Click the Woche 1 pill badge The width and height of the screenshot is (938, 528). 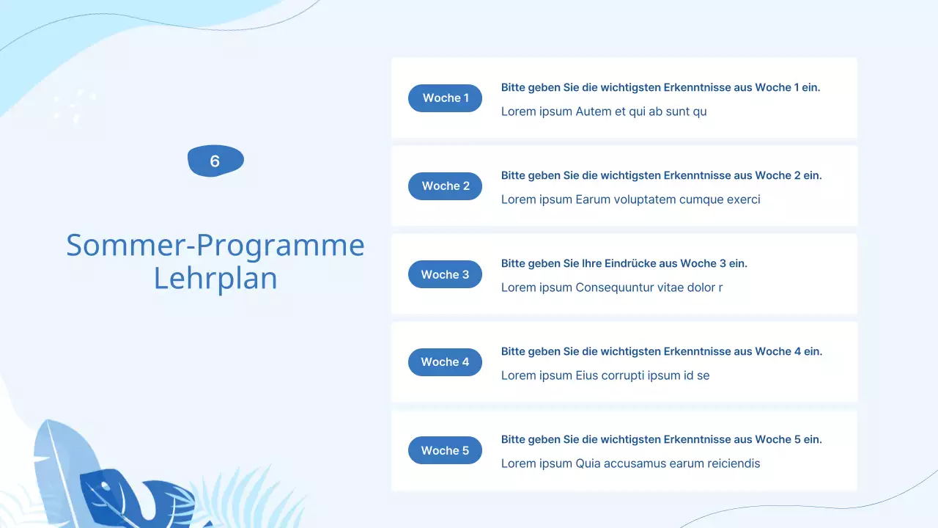pyautogui.click(x=445, y=98)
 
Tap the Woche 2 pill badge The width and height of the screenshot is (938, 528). pyautogui.click(x=445, y=186)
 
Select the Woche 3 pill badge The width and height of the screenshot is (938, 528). pyautogui.click(x=445, y=274)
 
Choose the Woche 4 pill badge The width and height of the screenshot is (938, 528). pyautogui.click(x=445, y=362)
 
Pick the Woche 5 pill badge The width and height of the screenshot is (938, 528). pyautogui.click(x=445, y=450)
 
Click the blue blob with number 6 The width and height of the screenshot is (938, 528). pyautogui.click(x=215, y=161)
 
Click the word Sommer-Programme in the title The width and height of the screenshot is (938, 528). pyautogui.click(x=215, y=245)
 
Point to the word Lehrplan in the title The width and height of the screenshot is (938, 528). pyautogui.click(x=215, y=279)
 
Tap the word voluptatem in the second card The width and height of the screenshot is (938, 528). pyautogui.click(x=640, y=199)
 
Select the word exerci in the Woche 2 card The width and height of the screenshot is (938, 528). pyautogui.click(x=743, y=199)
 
